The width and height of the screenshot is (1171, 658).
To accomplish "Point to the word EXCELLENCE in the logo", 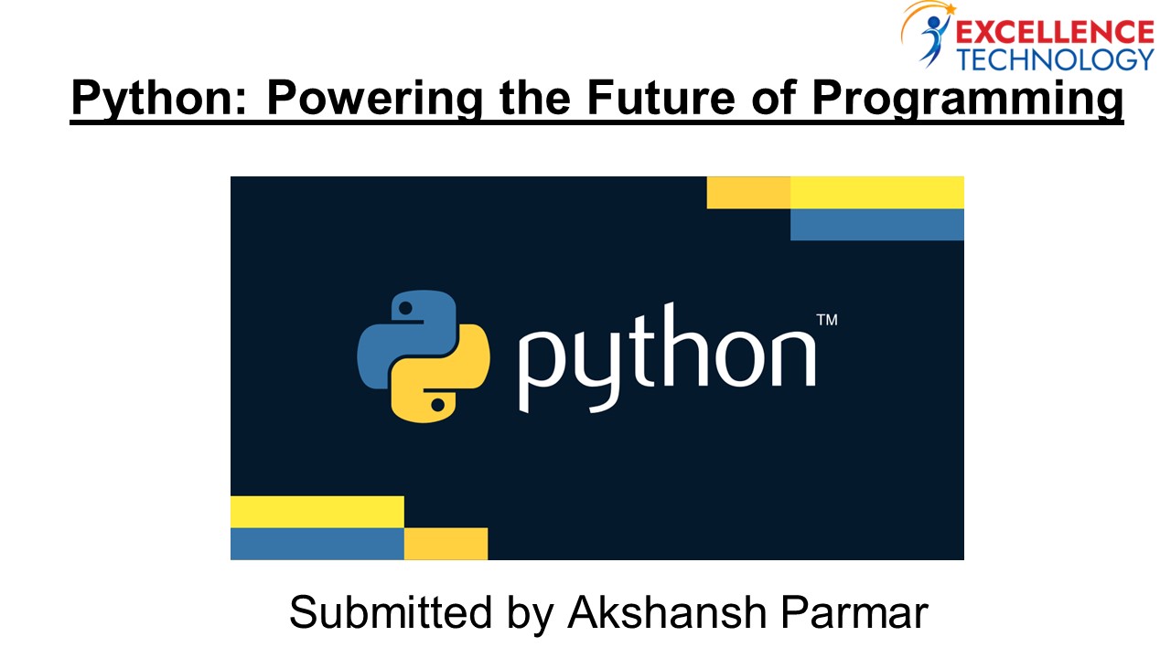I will [1054, 33].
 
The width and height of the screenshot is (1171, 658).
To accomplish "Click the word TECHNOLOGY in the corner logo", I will [1054, 59].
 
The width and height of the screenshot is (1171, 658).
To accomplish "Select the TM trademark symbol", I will [826, 320].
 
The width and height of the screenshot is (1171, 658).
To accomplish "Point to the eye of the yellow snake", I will [437, 403].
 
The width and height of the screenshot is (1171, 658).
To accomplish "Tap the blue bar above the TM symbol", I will [876, 225].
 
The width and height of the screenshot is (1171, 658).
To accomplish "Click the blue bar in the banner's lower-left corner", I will [317, 544].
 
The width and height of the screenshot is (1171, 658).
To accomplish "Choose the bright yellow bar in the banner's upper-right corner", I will [876, 192].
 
